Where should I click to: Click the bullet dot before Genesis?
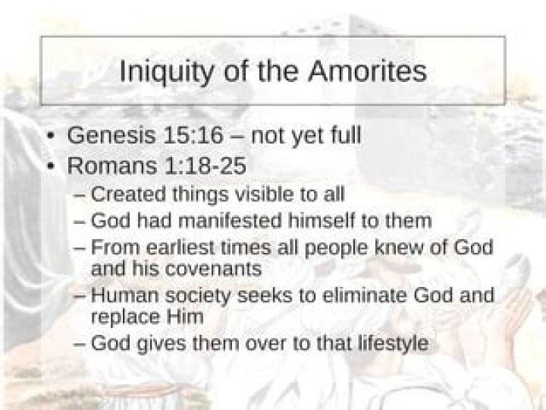pos(49,137)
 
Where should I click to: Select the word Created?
pos(123,194)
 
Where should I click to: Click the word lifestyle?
pos(388,343)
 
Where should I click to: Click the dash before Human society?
pos(80,295)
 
